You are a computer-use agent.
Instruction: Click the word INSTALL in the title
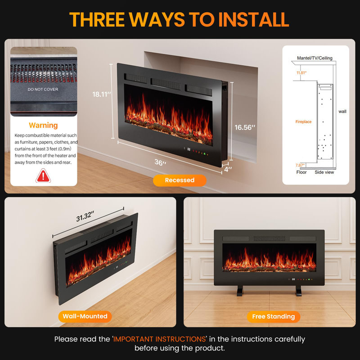point(253,19)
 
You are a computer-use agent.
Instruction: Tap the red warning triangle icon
point(43,176)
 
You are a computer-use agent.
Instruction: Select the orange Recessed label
point(180,180)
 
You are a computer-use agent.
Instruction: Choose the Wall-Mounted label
point(85,316)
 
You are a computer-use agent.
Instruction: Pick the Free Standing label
point(274,317)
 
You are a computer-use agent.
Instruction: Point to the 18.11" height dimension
point(102,94)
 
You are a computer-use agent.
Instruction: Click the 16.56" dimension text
point(245,127)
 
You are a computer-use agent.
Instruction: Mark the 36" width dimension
point(160,162)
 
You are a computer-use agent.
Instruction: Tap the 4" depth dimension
point(228,170)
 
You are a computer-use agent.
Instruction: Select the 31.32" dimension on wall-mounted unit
point(85,216)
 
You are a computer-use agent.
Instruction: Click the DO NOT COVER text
point(43,89)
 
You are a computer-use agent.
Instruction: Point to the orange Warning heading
point(43,126)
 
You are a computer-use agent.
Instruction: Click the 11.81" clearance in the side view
point(301,73)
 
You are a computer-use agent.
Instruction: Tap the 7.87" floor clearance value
point(300,165)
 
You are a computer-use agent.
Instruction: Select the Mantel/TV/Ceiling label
point(315,58)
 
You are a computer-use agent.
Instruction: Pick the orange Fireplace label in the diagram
point(303,121)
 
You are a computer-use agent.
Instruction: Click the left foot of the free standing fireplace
point(240,290)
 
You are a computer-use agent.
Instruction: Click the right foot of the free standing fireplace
point(298,291)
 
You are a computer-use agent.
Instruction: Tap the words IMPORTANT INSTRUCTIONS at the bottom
point(160,339)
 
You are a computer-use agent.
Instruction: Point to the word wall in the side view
point(342,111)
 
